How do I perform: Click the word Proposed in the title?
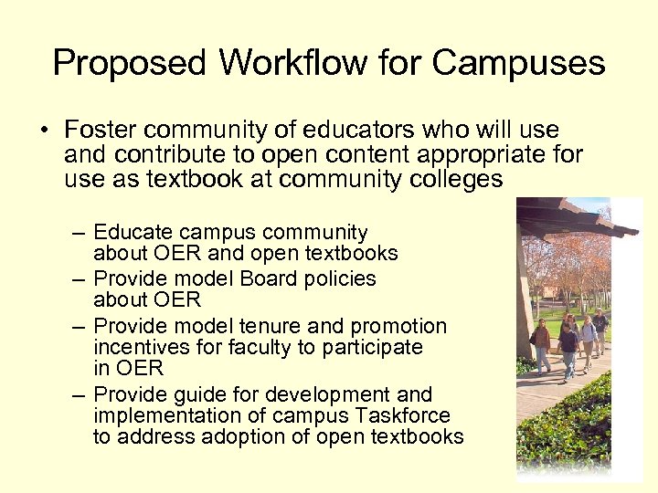[129, 64]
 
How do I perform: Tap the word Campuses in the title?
[518, 64]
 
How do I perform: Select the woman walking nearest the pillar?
[542, 345]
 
